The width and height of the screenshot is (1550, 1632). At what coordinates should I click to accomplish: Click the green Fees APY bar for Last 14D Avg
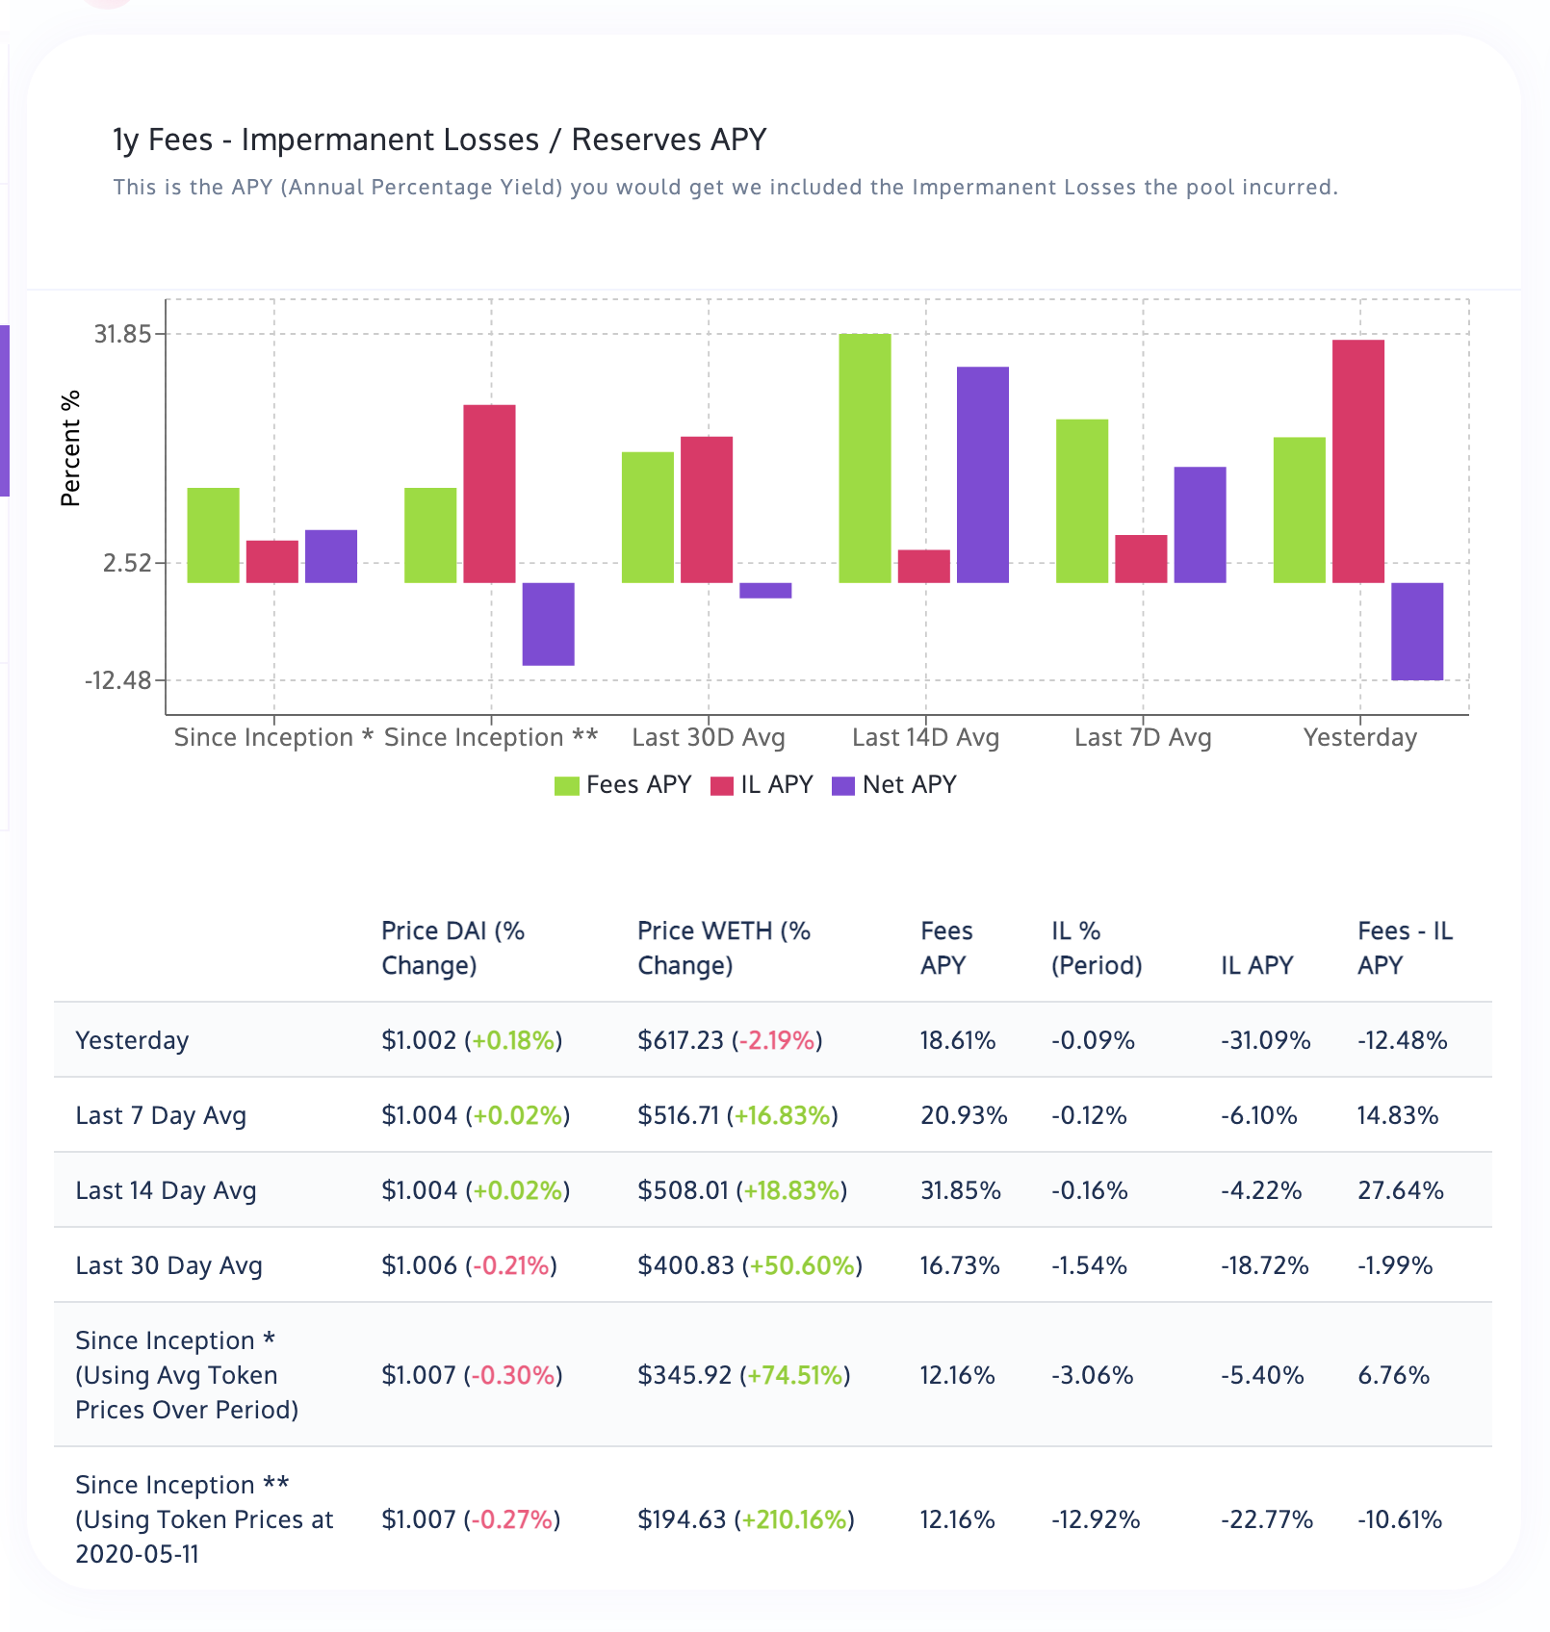point(865,458)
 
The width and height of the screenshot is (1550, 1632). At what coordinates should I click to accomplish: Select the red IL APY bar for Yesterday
point(1358,461)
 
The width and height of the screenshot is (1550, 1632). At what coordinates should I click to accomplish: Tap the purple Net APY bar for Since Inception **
point(549,624)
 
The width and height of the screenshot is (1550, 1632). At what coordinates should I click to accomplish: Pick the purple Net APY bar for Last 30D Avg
point(765,591)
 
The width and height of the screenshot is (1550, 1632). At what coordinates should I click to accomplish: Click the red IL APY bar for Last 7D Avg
point(1141,559)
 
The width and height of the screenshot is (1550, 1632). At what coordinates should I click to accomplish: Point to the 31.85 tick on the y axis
point(122,334)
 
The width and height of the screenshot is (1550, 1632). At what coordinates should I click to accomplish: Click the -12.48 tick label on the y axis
point(118,680)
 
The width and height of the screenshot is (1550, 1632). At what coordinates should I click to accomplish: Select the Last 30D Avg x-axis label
point(709,738)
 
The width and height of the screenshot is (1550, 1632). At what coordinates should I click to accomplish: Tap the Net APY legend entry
point(894,785)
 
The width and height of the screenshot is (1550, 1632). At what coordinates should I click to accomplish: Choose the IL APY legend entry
point(762,785)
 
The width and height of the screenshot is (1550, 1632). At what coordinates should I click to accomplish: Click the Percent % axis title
point(70,448)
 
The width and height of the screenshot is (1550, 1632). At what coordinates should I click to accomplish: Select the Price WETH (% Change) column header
point(724,948)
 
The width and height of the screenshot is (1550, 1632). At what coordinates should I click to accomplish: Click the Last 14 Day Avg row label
point(166,1191)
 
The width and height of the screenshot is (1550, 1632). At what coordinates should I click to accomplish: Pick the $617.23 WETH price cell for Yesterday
point(681,1041)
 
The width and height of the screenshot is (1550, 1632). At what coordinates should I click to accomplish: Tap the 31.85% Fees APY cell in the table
point(961,1191)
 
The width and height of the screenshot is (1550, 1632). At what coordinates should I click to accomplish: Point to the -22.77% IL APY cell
point(1267,1520)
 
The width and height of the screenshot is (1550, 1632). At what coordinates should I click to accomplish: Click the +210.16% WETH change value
point(794,1520)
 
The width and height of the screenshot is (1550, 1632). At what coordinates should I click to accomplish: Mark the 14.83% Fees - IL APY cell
point(1398,1116)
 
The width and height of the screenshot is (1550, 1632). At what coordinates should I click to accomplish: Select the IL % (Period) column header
point(1097,948)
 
